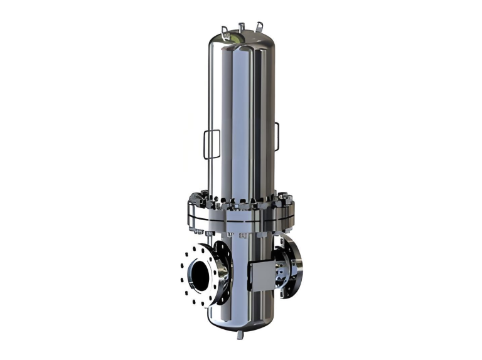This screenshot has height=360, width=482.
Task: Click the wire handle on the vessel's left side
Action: click(x=210, y=145)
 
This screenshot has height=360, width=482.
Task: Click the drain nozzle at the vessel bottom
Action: click(x=239, y=336)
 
